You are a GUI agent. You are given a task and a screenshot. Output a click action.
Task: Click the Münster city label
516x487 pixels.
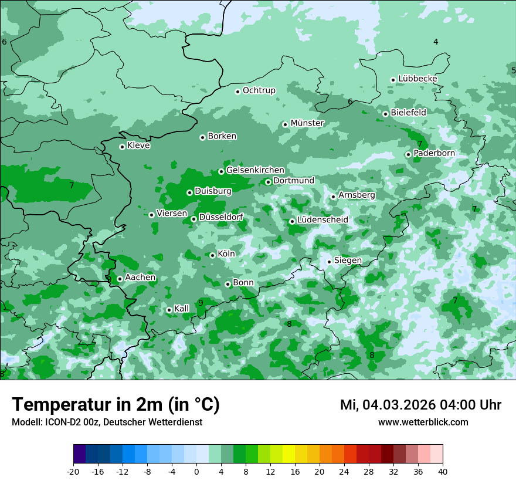pyautogui.click(x=307, y=123)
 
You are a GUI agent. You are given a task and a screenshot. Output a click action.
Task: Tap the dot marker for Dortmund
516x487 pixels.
pyautogui.click(x=268, y=182)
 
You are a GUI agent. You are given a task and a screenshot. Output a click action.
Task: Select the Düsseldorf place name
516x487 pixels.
pyautogui.click(x=221, y=217)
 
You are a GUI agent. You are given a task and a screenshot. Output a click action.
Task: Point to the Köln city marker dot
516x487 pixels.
pyautogui.click(x=212, y=255)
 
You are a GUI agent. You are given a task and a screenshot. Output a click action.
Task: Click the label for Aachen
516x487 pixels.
pyautogui.click(x=140, y=278)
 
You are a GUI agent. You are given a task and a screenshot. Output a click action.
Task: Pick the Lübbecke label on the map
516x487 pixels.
pyautogui.click(x=417, y=79)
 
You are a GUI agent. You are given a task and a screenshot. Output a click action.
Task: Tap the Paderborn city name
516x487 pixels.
pyautogui.click(x=434, y=153)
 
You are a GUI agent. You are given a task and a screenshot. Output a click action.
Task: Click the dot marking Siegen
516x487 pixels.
pyautogui.click(x=329, y=262)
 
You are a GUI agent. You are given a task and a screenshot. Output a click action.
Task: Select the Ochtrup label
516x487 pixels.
pyautogui.click(x=259, y=90)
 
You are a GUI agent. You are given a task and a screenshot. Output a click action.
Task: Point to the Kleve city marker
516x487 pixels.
pyautogui.click(x=122, y=147)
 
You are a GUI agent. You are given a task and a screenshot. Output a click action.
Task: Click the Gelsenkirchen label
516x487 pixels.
pyautogui.click(x=255, y=170)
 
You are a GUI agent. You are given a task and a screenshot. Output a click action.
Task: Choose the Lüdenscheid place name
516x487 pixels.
pyautogui.click(x=322, y=220)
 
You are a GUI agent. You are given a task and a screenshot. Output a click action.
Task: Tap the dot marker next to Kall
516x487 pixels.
pyautogui.click(x=169, y=310)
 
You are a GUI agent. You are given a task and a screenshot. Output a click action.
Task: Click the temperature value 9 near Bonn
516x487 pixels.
pyautogui.click(x=201, y=303)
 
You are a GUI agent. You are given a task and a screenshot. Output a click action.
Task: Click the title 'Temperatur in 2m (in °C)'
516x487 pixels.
pyautogui.click(x=116, y=405)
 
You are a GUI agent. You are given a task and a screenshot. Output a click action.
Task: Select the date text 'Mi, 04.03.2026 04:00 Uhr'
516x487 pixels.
pyautogui.click(x=420, y=405)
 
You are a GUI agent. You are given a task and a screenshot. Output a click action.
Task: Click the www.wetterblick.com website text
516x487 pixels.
pyautogui.click(x=423, y=422)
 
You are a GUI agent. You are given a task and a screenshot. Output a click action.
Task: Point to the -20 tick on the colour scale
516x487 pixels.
pyautogui.click(x=73, y=472)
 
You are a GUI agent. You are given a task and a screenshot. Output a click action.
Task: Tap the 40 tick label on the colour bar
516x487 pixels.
pyautogui.click(x=443, y=472)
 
